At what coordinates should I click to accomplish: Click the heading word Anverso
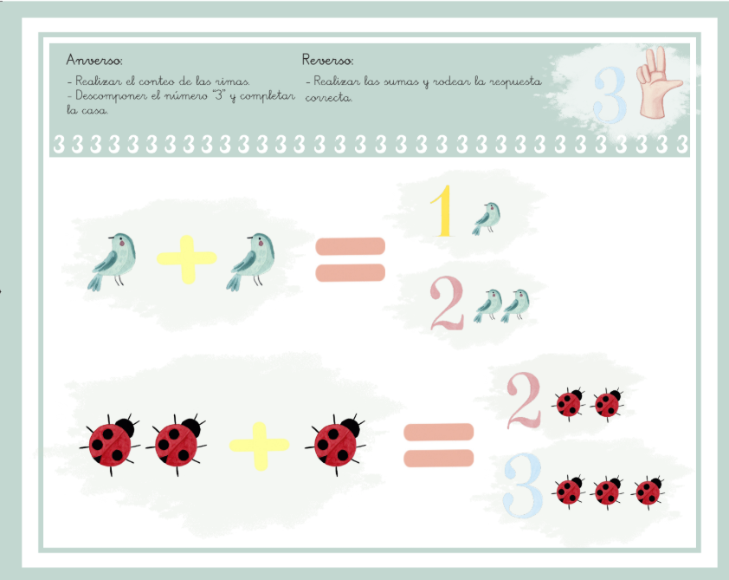(94, 61)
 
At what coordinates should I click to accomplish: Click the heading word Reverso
(327, 60)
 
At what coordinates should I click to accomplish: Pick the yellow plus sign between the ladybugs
(259, 445)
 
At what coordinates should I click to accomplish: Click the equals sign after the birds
(349, 259)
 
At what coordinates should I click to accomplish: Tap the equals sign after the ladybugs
(439, 445)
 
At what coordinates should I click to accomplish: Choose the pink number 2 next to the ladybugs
(525, 401)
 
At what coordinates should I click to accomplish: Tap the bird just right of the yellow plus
(254, 260)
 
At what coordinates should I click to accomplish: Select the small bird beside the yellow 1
(487, 217)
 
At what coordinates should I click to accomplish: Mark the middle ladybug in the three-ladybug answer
(608, 492)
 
